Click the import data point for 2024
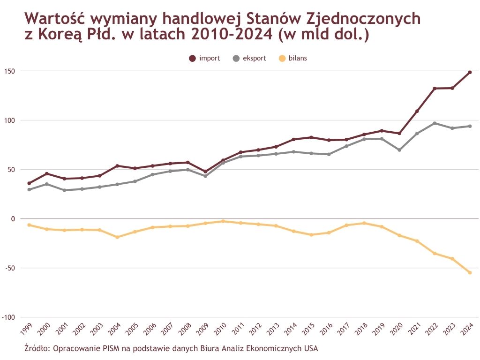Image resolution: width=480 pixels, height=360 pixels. (470, 72)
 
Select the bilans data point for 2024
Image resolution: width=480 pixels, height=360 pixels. (470, 273)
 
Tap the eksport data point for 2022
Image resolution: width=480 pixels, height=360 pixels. (435, 123)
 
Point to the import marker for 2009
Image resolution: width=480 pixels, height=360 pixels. (205, 172)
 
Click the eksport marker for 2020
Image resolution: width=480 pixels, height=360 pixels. (399, 150)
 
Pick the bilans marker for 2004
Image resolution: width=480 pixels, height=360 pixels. (117, 237)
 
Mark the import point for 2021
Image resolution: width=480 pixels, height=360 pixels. (417, 111)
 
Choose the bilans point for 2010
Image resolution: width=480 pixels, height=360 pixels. (223, 221)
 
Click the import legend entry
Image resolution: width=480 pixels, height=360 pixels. (204, 58)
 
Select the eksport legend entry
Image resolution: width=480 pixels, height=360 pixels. (249, 58)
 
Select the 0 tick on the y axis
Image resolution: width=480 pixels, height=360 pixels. (13, 219)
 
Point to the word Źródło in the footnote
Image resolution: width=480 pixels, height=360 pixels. (37, 348)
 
